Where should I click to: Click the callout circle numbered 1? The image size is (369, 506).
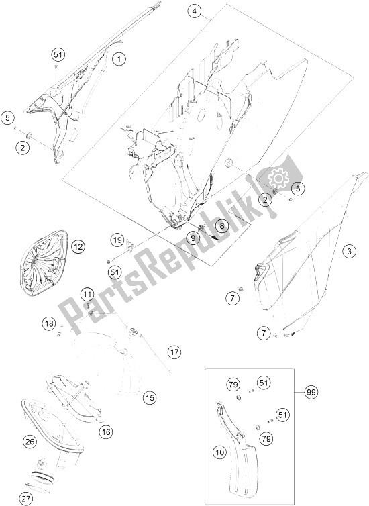[x=119, y=59]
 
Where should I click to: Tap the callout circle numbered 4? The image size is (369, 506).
[x=194, y=11]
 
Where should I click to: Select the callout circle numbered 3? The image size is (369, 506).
[x=350, y=251]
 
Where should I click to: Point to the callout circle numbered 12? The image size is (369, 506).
[x=78, y=247]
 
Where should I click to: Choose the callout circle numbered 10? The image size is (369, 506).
[x=219, y=452]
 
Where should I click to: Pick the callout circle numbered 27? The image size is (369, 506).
[x=25, y=499]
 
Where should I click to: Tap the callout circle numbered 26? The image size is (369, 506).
[x=30, y=442]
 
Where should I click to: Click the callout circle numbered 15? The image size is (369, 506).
[x=150, y=397]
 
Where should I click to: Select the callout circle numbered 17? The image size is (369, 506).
[x=174, y=352]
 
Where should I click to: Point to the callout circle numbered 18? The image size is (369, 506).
[x=50, y=324]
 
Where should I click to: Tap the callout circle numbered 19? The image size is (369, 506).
[x=117, y=240]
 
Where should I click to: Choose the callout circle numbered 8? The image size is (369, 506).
[x=221, y=226]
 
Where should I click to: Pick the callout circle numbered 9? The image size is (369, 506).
[x=193, y=238]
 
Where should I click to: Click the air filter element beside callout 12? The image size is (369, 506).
[x=44, y=263]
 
